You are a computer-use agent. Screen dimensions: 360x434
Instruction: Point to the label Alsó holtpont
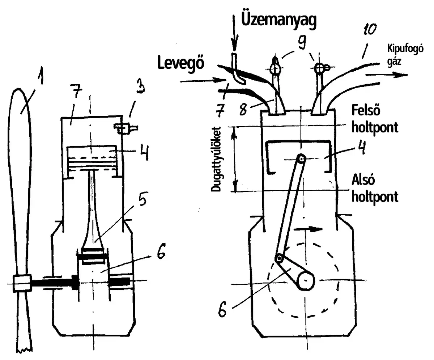375,190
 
